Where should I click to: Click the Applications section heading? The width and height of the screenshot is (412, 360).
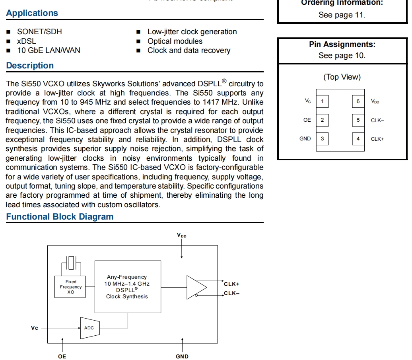click(x=32, y=13)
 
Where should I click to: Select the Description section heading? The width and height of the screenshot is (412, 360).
click(x=30, y=66)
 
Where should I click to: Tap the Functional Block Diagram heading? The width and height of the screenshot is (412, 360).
click(x=60, y=217)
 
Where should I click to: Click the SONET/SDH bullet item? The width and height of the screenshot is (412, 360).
click(x=39, y=32)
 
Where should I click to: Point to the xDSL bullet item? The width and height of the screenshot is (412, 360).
click(x=26, y=41)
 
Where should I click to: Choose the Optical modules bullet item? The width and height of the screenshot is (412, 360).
click(x=175, y=41)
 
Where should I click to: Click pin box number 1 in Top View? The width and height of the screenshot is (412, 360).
click(x=322, y=101)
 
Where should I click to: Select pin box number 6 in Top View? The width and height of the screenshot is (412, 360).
click(x=358, y=101)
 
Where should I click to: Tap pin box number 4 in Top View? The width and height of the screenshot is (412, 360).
click(x=358, y=139)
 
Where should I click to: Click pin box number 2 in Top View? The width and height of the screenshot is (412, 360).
click(x=322, y=120)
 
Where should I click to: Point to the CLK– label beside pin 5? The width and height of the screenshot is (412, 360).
click(x=377, y=120)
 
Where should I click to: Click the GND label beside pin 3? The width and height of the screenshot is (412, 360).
click(x=305, y=139)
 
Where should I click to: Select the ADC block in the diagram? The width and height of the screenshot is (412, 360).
click(x=89, y=328)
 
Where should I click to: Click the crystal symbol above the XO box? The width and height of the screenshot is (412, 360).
click(x=71, y=263)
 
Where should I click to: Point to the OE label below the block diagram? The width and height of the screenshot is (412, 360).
click(x=62, y=356)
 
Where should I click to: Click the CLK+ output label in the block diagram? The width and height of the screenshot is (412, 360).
click(x=231, y=284)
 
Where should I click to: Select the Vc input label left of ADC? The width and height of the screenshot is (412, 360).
click(x=35, y=328)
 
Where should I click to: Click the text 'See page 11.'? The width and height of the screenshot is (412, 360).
click(x=342, y=15)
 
